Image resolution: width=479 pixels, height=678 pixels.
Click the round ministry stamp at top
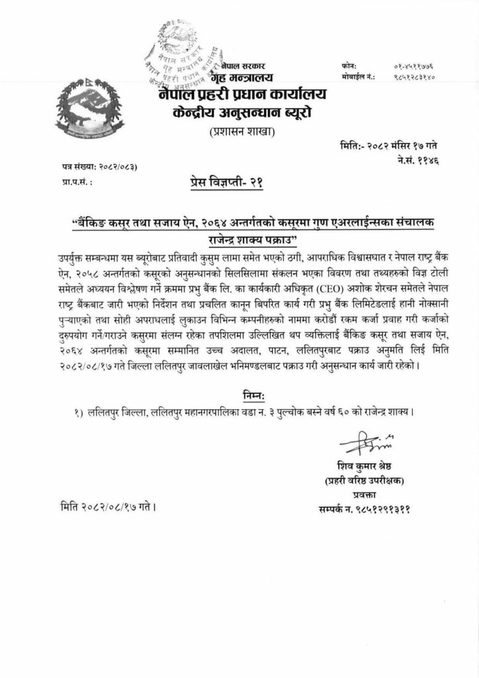click(183, 56)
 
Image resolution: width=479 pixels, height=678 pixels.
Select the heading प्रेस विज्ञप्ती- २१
click(226, 183)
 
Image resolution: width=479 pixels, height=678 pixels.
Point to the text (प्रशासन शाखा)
click(239, 132)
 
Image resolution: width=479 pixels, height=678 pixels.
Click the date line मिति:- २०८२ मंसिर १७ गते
click(388, 145)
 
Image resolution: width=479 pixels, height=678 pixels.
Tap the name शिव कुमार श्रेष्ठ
click(363, 463)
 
